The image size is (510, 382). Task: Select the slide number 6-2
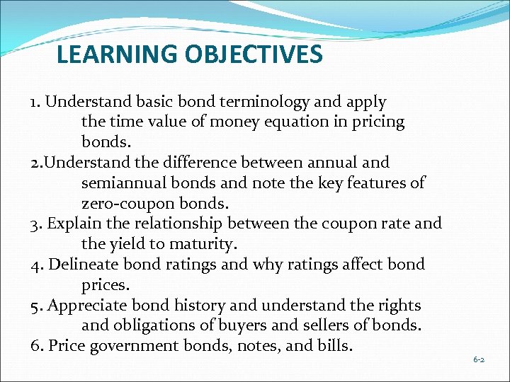(480, 360)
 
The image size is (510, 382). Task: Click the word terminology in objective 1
(247, 102)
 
